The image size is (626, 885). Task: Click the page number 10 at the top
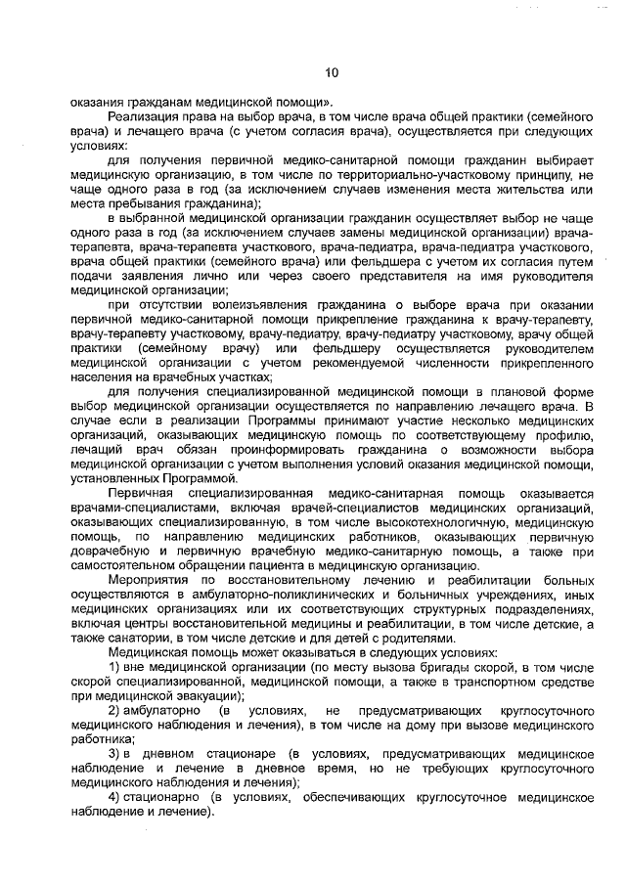(x=331, y=72)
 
